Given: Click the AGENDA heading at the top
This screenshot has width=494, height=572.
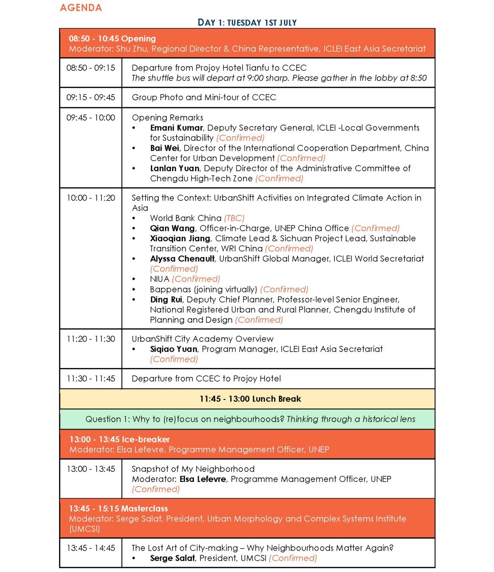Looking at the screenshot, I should tap(81, 8).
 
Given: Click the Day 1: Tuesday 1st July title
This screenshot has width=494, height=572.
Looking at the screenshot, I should tap(247, 22).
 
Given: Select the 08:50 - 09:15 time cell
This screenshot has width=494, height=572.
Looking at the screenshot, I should tap(91, 68).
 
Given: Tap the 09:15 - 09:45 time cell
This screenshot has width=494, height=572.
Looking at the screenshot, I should tap(91, 97).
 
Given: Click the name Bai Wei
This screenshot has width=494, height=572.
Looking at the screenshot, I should tap(165, 148).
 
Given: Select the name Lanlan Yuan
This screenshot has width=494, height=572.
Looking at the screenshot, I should tap(175, 168).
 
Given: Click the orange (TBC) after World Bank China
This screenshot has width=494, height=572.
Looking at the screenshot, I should tap(234, 218).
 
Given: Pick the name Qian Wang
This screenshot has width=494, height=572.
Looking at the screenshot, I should tap(172, 228).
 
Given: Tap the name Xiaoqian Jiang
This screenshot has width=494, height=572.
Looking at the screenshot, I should tap(180, 238).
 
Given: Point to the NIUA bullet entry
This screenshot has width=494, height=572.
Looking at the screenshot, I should tap(159, 279).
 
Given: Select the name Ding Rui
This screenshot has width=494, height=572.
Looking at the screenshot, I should tap(166, 299).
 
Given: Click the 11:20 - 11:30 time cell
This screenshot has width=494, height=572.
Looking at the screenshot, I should tap(91, 339).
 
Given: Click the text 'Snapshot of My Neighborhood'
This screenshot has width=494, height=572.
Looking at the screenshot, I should tap(193, 469).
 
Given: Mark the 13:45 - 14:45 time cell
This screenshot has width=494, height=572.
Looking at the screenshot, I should tap(91, 548).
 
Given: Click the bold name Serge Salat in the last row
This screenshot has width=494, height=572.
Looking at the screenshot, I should tap(172, 558).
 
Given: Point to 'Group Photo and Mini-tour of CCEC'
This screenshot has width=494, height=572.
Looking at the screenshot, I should tap(204, 97).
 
